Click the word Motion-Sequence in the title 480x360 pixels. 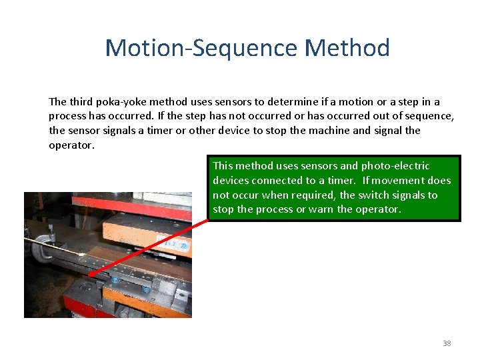(x=201, y=48)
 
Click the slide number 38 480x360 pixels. (x=447, y=344)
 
